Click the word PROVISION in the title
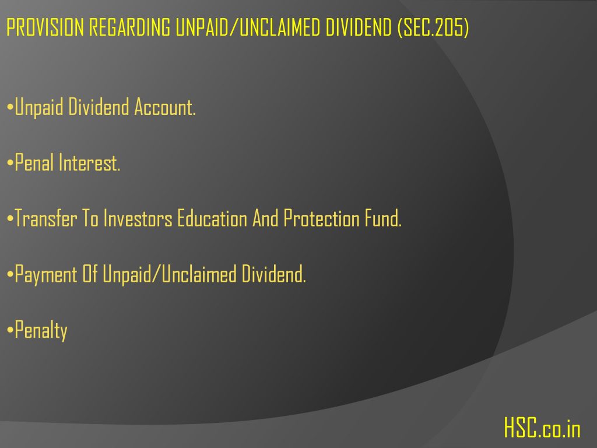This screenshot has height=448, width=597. point(45,27)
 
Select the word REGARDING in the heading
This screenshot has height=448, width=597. point(130,27)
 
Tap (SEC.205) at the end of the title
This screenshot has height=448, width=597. point(433,28)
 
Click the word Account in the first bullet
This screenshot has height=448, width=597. point(165,107)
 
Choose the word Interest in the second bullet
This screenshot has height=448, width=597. point(89,163)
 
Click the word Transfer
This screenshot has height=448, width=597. point(45,219)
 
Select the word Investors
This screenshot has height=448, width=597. point(138,219)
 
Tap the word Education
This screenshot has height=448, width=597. point(212,219)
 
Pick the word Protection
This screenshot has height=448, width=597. point(321,219)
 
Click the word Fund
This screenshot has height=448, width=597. point(383,219)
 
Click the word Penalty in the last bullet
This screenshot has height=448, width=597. point(41,331)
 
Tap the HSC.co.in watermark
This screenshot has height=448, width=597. point(542,428)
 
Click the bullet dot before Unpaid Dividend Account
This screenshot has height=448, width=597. point(10,108)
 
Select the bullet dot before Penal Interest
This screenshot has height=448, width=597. point(10,163)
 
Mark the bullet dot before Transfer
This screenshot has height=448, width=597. point(10,219)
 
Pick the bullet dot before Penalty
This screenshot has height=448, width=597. point(10,331)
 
